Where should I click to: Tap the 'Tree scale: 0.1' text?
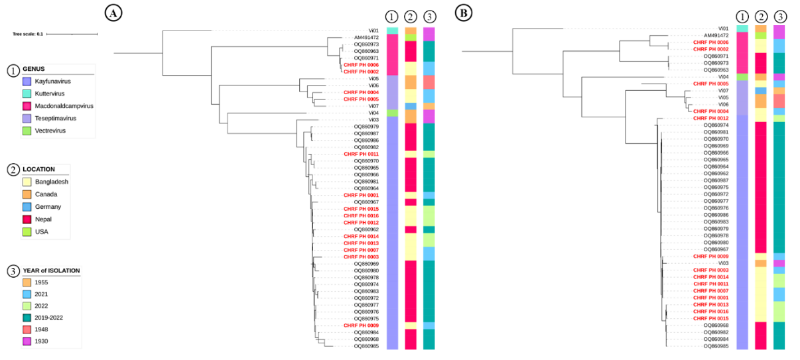point(28,33)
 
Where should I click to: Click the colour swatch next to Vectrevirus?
point(27,131)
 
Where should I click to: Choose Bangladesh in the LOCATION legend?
point(52,182)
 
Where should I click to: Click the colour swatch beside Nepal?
point(27,219)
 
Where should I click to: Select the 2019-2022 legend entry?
point(54,316)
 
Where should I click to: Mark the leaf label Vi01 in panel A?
point(373,30)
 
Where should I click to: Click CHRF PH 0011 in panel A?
point(361,154)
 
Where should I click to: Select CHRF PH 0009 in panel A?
point(361,326)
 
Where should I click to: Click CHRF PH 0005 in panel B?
point(710,84)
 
